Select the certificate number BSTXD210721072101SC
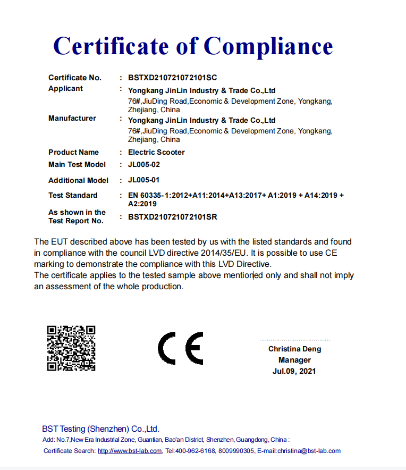click(172, 78)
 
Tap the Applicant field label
click(65, 88)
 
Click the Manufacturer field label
click(72, 118)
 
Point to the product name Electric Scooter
click(156, 152)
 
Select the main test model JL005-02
click(143, 164)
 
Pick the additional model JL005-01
click(143, 180)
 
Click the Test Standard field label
click(73, 195)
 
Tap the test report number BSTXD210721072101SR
click(172, 217)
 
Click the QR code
click(71, 348)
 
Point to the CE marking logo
click(180, 348)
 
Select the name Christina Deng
click(294, 349)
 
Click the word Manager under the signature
click(294, 360)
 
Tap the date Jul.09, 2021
click(294, 371)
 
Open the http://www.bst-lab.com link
click(130, 451)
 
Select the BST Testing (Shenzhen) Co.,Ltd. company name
click(100, 429)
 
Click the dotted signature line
click(294, 340)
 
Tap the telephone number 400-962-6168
click(196, 451)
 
